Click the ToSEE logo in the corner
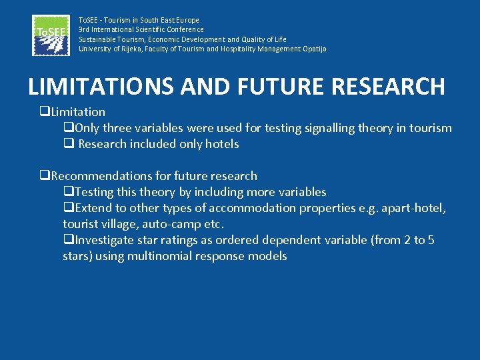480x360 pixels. point(51,35)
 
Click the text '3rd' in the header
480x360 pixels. point(85,29)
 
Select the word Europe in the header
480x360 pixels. point(187,20)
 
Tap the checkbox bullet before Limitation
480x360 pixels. point(44,112)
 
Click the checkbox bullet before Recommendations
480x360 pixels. point(44,176)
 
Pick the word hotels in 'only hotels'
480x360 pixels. point(222,144)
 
